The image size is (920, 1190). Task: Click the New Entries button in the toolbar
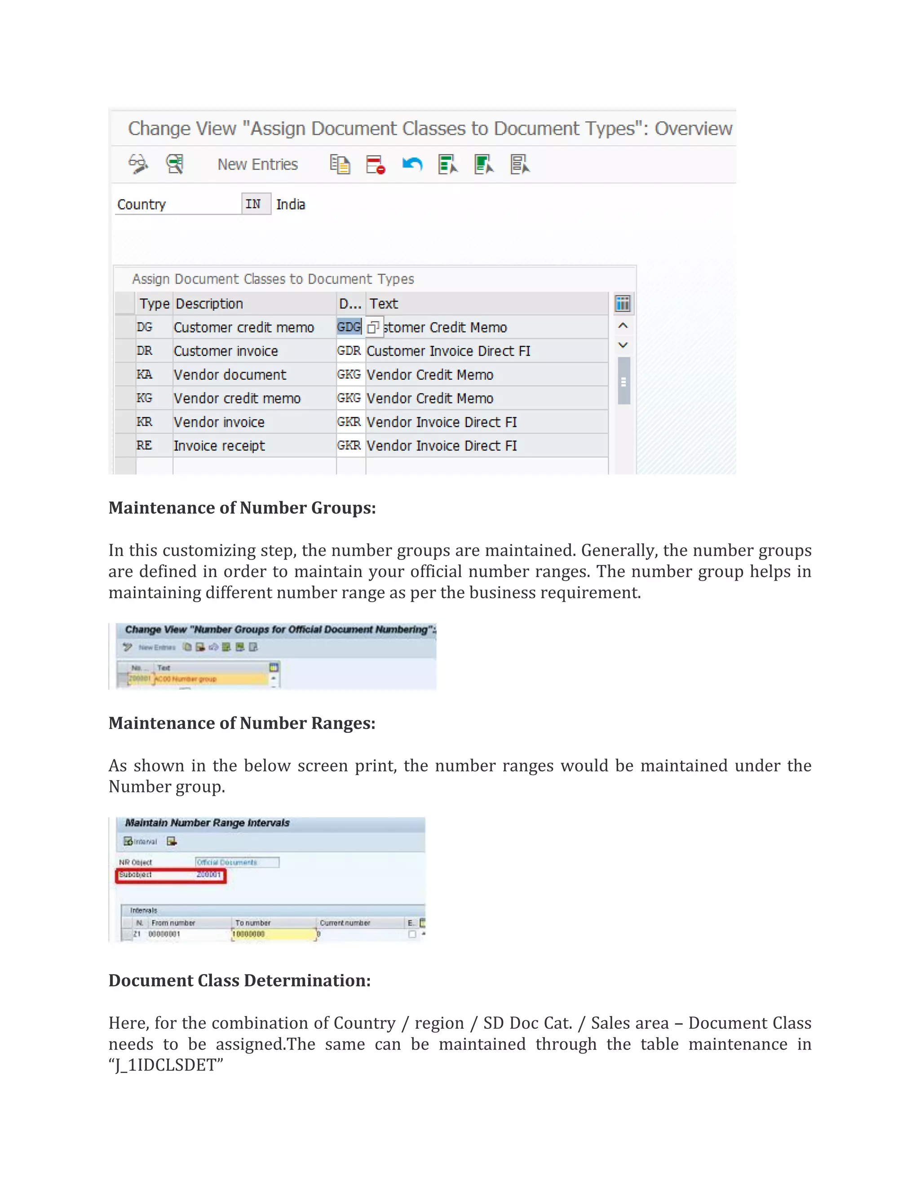coord(257,164)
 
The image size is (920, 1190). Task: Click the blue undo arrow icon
coord(412,164)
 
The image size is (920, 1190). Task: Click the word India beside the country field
coord(291,205)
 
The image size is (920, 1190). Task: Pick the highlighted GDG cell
coord(349,327)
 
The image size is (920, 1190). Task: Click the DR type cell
coord(145,351)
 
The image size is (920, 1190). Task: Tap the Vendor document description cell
coord(230,375)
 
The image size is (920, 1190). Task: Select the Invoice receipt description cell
coord(219,446)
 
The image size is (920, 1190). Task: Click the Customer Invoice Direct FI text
coord(448,351)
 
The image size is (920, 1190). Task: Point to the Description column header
coord(209,304)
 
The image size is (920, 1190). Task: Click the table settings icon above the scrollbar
coord(623,304)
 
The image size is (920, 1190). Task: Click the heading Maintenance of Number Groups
coord(242,508)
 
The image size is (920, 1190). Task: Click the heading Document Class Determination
coord(239,980)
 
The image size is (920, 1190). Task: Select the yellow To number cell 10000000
coord(274,934)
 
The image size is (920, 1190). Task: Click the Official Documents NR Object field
coord(237,862)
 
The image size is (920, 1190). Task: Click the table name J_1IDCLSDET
coord(166,1065)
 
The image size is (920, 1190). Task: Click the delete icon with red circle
coord(376,164)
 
